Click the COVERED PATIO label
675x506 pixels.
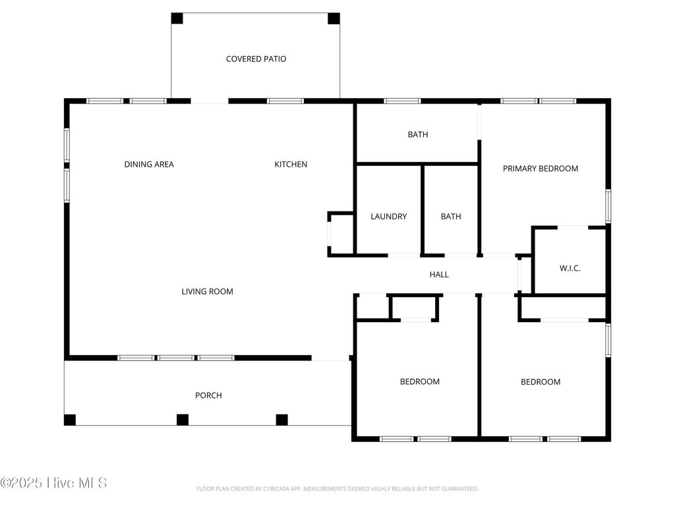256,59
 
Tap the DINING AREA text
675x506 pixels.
149,164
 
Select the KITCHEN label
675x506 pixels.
291,164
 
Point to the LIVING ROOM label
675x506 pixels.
207,291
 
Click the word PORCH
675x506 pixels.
208,395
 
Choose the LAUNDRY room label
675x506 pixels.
388,216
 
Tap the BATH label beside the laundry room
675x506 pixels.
451,216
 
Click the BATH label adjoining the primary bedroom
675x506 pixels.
417,134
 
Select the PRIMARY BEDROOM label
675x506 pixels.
541,168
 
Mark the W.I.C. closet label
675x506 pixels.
570,268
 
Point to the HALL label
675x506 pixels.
439,274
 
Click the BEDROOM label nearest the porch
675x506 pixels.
420,381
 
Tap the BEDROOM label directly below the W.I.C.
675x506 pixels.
541,381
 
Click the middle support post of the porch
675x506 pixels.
183,420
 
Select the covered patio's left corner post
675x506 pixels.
177,18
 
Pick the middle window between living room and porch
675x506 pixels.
176,358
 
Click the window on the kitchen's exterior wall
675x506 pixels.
285,101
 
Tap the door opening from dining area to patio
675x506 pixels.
210,101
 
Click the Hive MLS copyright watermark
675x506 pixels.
53,483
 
